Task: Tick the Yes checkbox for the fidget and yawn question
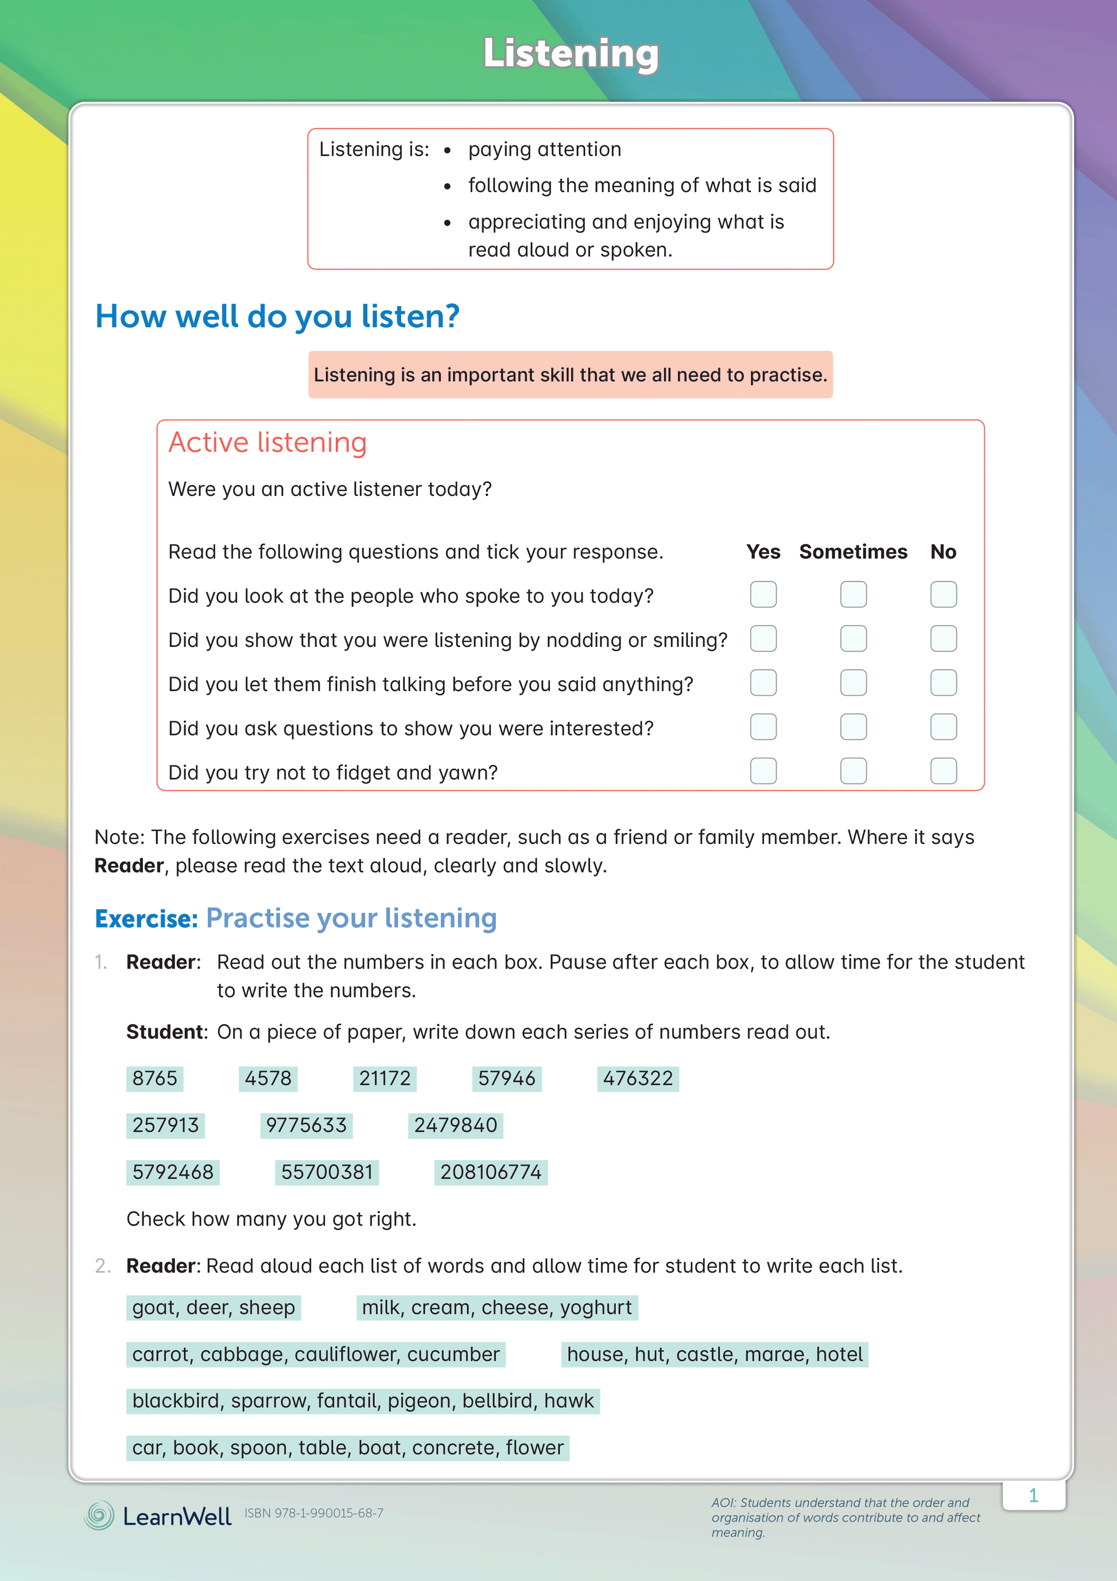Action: [x=763, y=770]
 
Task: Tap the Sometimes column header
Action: [x=852, y=552]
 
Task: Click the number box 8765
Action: [x=155, y=1078]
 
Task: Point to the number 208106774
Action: [x=490, y=1172]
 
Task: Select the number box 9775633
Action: [x=307, y=1125]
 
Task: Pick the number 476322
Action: [x=638, y=1078]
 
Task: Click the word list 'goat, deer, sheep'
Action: [x=214, y=1307]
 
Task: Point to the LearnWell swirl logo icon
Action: [x=99, y=1515]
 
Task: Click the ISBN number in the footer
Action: [x=314, y=1513]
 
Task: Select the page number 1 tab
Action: [x=1033, y=1495]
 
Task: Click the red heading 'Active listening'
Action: [x=267, y=442]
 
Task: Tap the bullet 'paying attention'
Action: [x=544, y=149]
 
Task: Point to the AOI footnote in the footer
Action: [x=845, y=1517]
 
